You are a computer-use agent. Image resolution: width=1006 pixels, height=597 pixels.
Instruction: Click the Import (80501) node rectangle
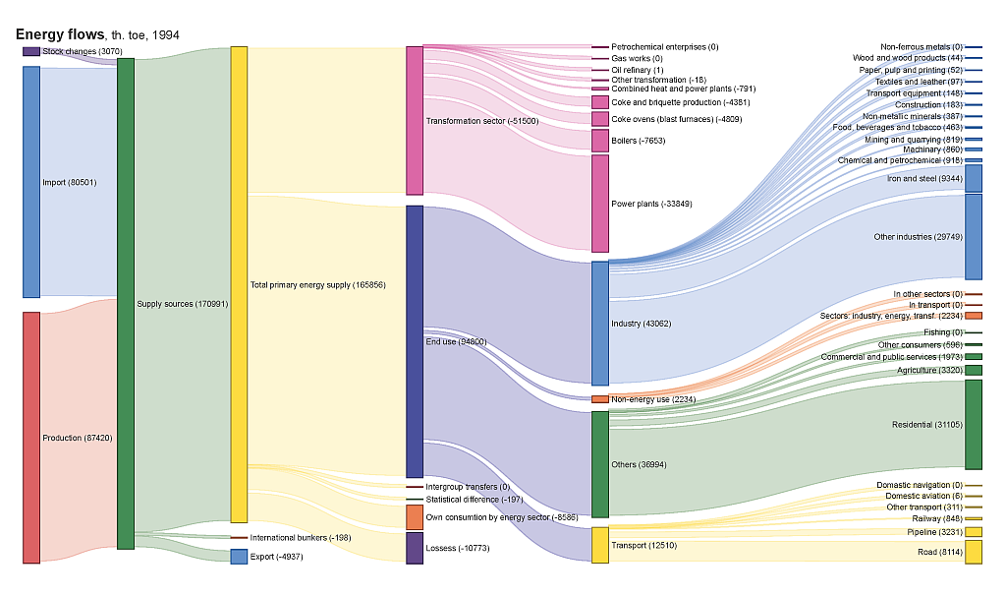[31, 182]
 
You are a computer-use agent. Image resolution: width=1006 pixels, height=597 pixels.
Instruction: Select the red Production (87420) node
[31, 438]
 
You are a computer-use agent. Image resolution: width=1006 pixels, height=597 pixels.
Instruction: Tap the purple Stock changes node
[31, 51]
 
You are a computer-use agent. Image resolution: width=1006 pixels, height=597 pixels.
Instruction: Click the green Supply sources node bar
[126, 304]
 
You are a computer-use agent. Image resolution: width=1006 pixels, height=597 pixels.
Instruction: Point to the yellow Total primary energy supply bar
[239, 284]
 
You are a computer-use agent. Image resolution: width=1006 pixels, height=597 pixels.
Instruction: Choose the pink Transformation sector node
[415, 120]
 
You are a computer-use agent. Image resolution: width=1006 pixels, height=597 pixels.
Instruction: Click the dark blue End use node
[415, 341]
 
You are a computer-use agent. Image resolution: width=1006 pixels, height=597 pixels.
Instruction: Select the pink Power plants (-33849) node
[600, 204]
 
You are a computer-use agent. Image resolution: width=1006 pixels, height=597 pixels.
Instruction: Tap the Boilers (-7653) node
[600, 141]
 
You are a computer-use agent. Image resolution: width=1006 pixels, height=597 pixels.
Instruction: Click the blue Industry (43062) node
[600, 324]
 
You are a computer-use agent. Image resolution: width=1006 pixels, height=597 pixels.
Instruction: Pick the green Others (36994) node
[600, 464]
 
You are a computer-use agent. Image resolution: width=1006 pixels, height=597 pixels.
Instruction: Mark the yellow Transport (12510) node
[600, 545]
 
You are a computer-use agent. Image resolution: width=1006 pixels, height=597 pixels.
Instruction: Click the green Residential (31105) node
[974, 425]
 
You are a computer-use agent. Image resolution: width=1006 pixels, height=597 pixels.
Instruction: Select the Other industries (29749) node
[974, 237]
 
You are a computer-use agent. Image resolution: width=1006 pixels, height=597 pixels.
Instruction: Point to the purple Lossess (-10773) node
[415, 548]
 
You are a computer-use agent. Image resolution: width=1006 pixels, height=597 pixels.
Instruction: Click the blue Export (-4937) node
[239, 557]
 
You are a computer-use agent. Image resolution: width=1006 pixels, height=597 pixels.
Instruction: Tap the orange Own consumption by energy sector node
[415, 517]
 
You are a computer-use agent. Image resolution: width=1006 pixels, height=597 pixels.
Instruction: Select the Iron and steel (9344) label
[923, 179]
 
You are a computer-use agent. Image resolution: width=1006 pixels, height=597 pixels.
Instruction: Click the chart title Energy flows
[60, 34]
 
